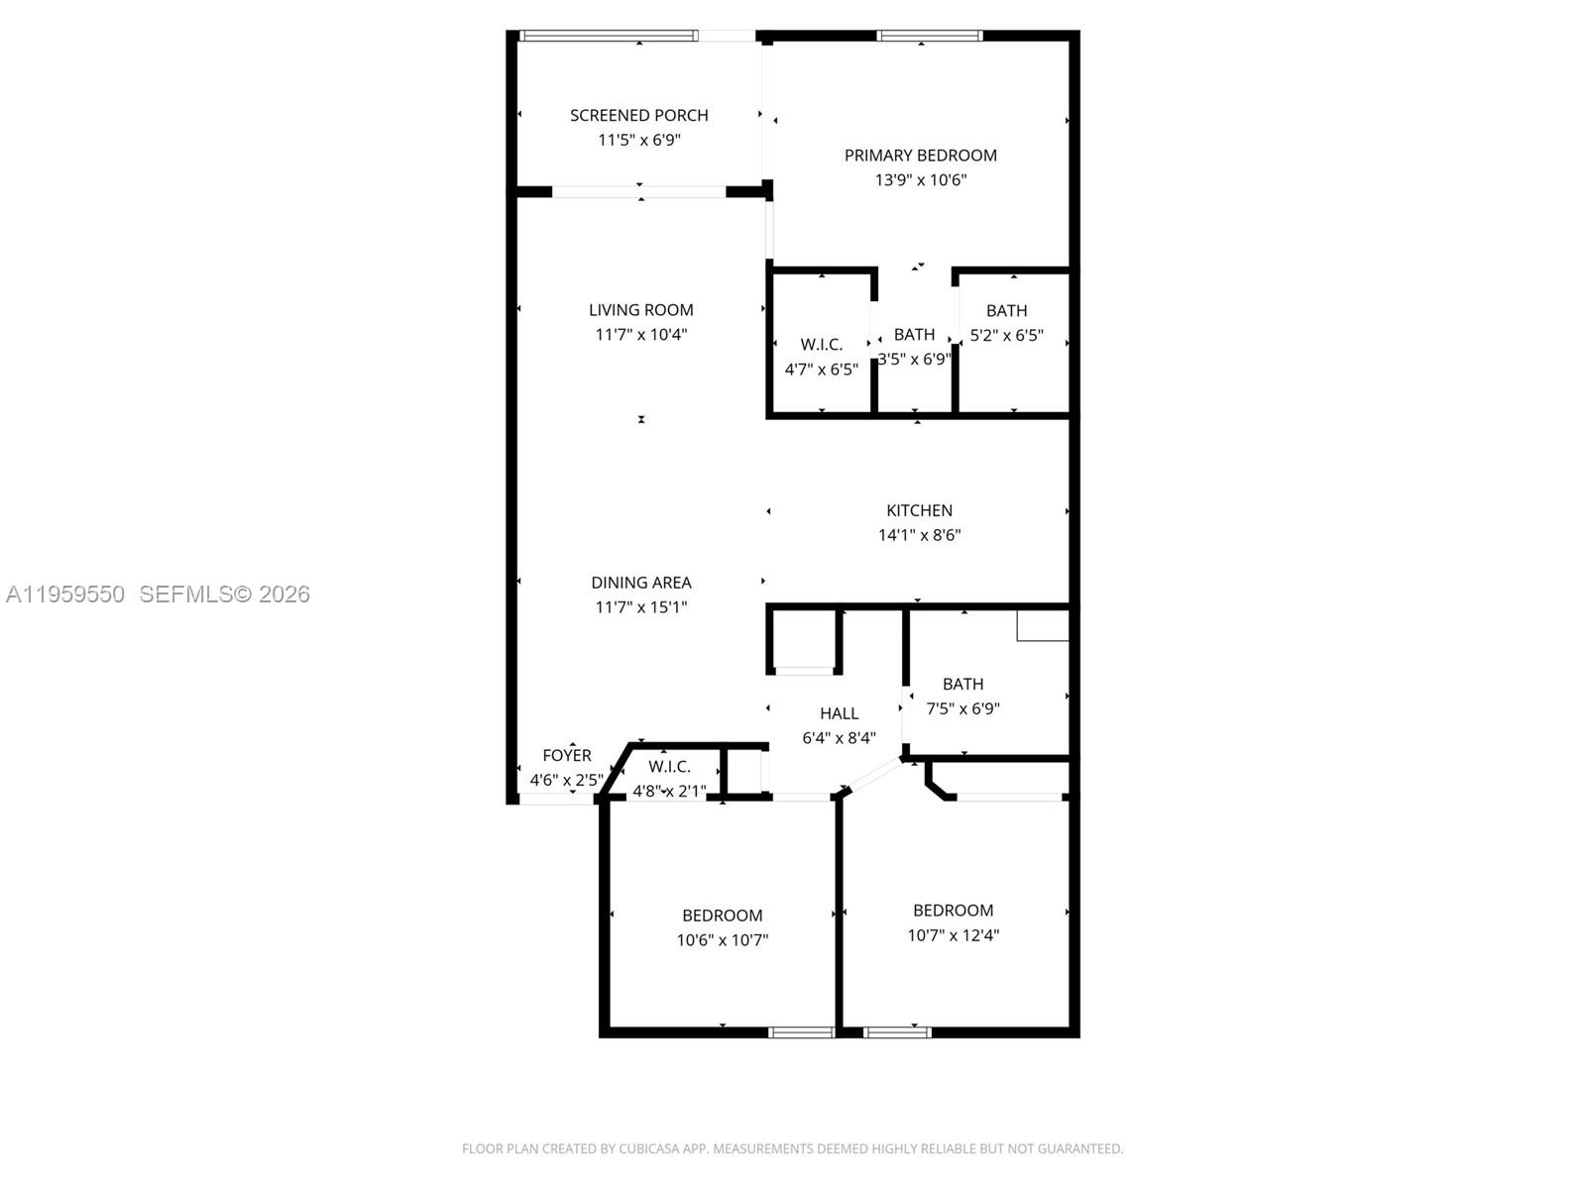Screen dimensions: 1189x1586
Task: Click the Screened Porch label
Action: click(x=638, y=115)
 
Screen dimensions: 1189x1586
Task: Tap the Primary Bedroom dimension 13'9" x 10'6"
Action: click(x=920, y=180)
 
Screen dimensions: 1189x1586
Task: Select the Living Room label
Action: click(x=640, y=310)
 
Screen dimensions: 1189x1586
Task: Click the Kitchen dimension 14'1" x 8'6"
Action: click(x=919, y=535)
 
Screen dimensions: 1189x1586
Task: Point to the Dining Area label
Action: click(x=640, y=583)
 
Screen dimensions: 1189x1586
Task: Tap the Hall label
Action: click(x=839, y=713)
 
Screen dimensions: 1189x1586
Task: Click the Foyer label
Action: click(x=566, y=755)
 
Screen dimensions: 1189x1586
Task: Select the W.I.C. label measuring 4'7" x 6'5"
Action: click(x=821, y=345)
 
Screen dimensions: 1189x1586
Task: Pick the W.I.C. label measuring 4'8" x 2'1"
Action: click(x=669, y=767)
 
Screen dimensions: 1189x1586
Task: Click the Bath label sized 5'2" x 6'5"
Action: click(x=1006, y=311)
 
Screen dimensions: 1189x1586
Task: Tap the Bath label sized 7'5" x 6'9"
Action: click(x=963, y=684)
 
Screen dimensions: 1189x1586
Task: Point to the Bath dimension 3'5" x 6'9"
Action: click(x=914, y=359)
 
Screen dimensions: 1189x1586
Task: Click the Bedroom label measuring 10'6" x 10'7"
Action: click(x=722, y=916)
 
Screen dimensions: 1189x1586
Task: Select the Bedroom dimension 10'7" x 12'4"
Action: click(x=953, y=935)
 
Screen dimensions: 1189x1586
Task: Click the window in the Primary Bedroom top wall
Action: click(x=929, y=37)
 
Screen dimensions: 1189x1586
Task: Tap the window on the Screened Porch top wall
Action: click(x=607, y=37)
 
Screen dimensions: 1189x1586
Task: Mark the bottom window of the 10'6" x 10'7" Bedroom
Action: click(x=802, y=1032)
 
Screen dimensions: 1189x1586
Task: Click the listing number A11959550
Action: click(x=65, y=594)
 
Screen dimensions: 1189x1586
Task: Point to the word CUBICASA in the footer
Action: click(x=650, y=1149)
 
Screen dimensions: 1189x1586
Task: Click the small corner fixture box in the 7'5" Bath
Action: click(x=1043, y=626)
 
